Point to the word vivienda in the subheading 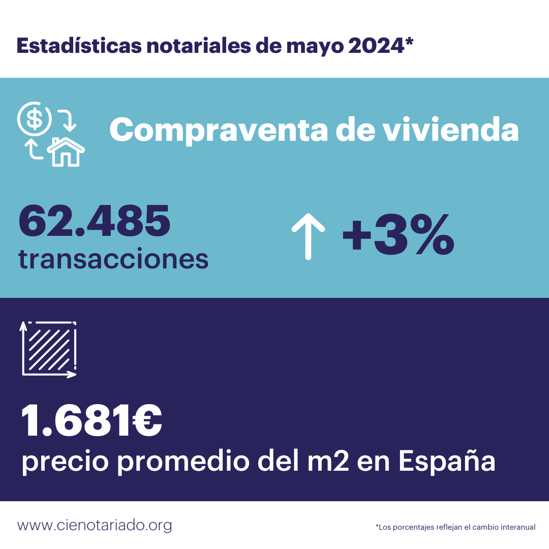pyautogui.click(x=450, y=130)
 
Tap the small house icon pyautogui.click(x=66, y=151)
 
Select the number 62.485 pyautogui.click(x=95, y=222)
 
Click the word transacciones pyautogui.click(x=113, y=259)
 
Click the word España pyautogui.click(x=446, y=462)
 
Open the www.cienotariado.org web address pyautogui.click(x=95, y=525)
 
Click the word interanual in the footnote pyautogui.click(x=515, y=527)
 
